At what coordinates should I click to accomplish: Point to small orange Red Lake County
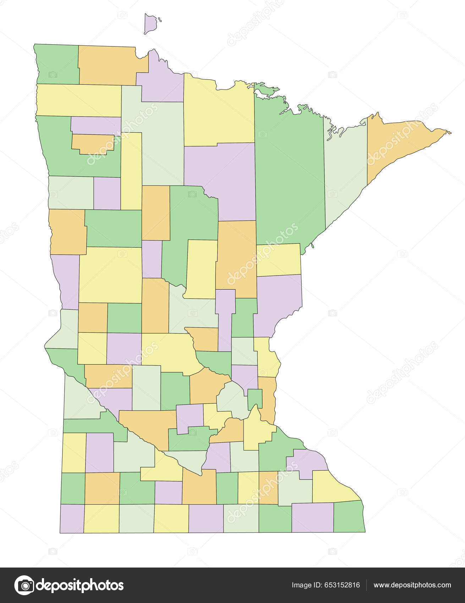tap(93, 143)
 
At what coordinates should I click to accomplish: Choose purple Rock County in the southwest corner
tap(72, 518)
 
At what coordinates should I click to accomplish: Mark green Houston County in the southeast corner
tap(349, 516)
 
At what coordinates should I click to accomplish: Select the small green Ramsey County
tap(255, 398)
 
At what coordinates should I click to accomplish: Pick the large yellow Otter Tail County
tap(110, 275)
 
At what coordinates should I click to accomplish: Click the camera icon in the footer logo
tap(24, 585)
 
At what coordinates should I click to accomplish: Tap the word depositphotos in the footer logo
tap(80, 585)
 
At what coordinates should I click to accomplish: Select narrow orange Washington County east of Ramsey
tap(268, 399)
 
